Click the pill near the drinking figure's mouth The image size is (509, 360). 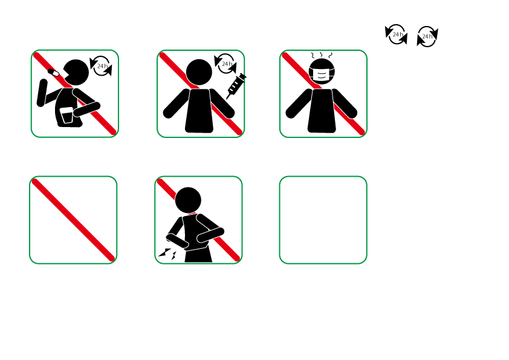(54, 73)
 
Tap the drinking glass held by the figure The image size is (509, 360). (66, 116)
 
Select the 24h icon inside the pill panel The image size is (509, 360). (101, 66)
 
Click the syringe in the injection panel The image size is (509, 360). (236, 86)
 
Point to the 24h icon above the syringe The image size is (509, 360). (225, 64)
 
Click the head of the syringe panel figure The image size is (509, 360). (199, 72)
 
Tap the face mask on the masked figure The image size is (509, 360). (322, 76)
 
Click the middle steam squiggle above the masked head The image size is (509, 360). (321, 54)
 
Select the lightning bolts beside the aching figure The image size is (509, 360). (167, 254)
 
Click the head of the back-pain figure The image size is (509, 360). (188, 200)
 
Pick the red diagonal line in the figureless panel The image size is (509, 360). (73, 220)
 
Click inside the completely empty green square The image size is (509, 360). (323, 220)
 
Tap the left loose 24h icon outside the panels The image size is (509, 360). (396, 34)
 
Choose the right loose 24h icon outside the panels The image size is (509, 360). (427, 36)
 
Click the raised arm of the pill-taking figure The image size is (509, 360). (42, 93)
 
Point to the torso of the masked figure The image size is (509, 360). (322, 111)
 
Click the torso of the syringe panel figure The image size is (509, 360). (199, 111)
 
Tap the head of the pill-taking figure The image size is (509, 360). (76, 73)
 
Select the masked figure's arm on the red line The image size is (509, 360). (345, 103)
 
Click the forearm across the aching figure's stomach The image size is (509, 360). (210, 235)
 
